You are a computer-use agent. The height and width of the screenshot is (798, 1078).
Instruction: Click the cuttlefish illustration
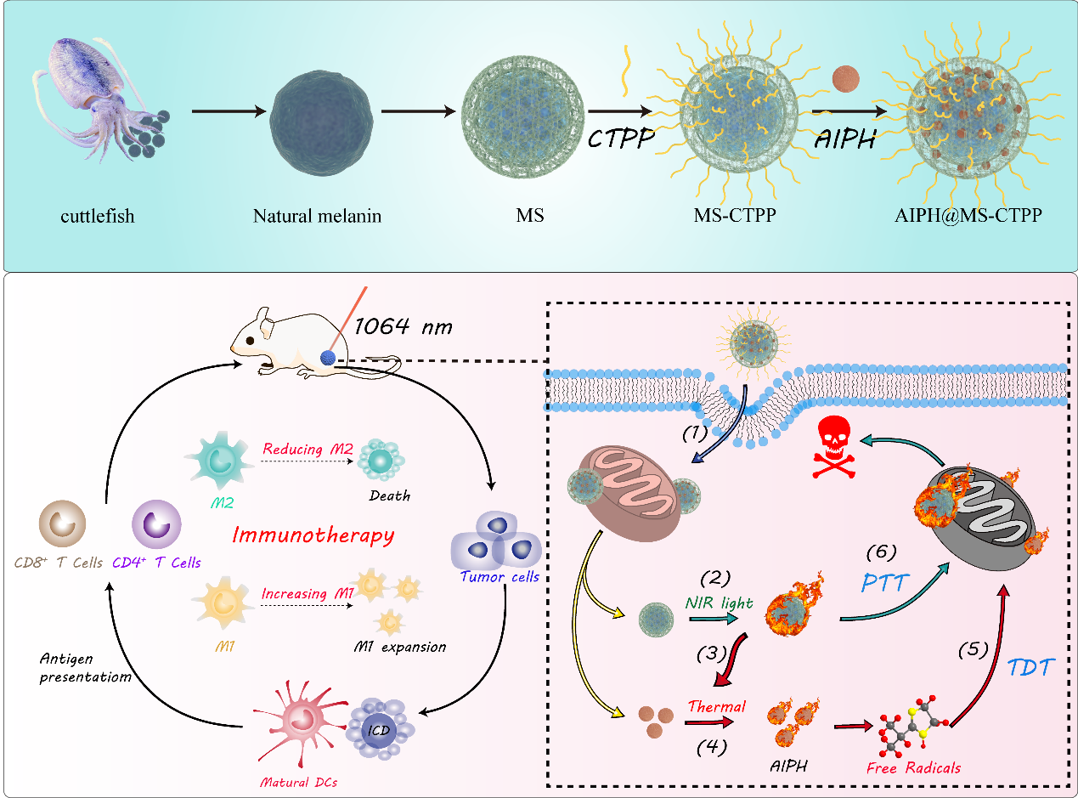(94, 93)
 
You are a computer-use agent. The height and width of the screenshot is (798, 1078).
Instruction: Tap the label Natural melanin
(317, 216)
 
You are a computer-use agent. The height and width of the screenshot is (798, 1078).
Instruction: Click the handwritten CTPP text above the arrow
(620, 138)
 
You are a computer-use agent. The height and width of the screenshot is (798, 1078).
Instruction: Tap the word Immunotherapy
(313, 535)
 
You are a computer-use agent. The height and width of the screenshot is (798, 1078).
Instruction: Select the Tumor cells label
(499, 578)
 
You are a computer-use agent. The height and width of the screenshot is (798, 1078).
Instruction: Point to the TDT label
(1030, 667)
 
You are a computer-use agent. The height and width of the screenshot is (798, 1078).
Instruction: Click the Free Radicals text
(913, 768)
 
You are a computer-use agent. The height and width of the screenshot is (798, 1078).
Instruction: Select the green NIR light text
(720, 603)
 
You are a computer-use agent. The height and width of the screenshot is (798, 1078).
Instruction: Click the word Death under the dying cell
(390, 495)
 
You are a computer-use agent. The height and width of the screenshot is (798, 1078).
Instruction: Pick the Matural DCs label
(297, 782)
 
